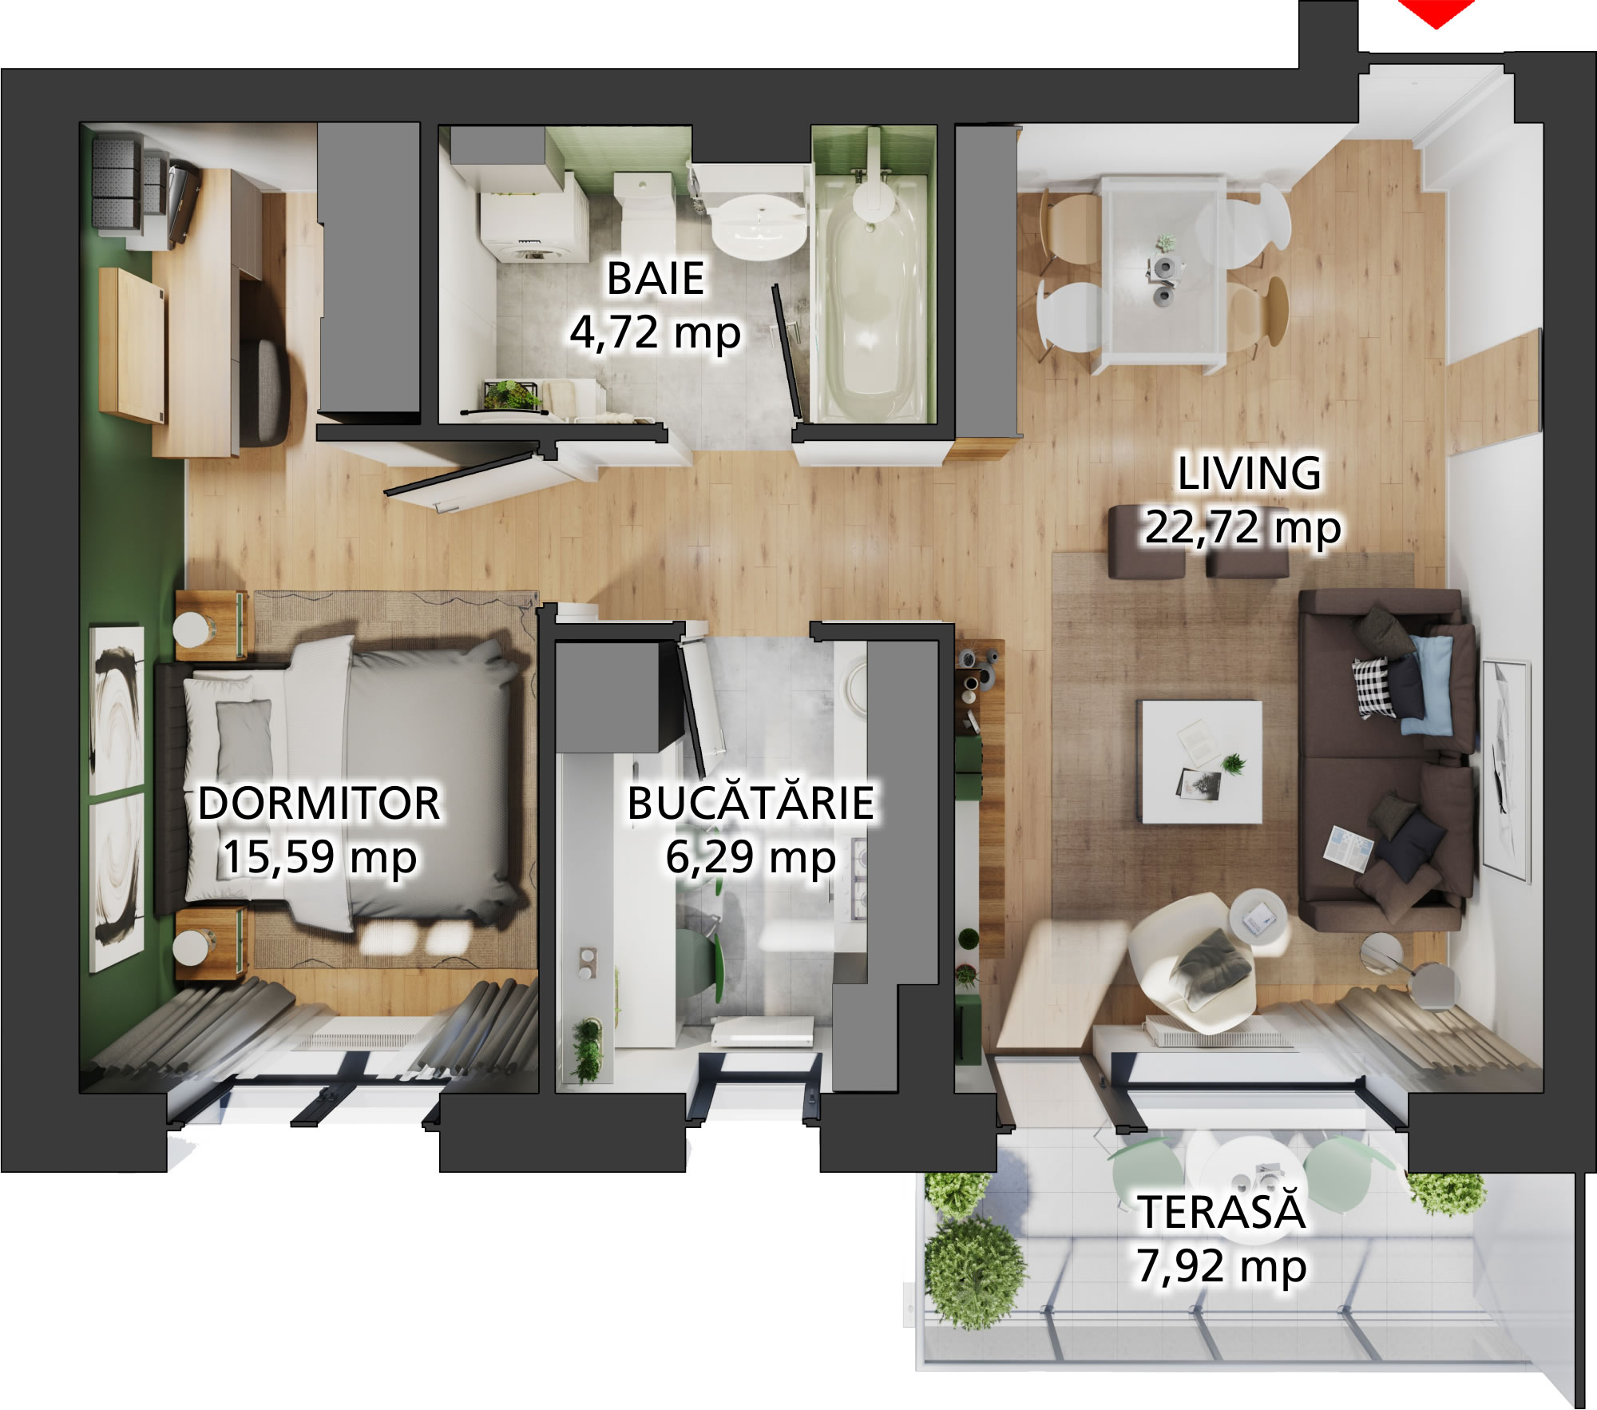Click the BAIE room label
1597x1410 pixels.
pyautogui.click(x=655, y=278)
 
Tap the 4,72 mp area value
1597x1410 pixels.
pyautogui.click(x=655, y=332)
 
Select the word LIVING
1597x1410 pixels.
pyautogui.click(x=1250, y=472)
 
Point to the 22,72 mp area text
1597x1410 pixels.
pyautogui.click(x=1242, y=527)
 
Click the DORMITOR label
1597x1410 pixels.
pyautogui.click(x=319, y=803)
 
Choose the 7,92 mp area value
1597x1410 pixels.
pyautogui.click(x=1222, y=1265)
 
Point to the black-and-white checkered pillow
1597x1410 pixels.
pyautogui.click(x=1373, y=685)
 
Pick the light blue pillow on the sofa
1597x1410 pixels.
pyautogui.click(x=1429, y=684)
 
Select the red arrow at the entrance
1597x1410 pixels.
pyautogui.click(x=1436, y=12)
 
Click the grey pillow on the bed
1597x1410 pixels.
pyautogui.click(x=244, y=737)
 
